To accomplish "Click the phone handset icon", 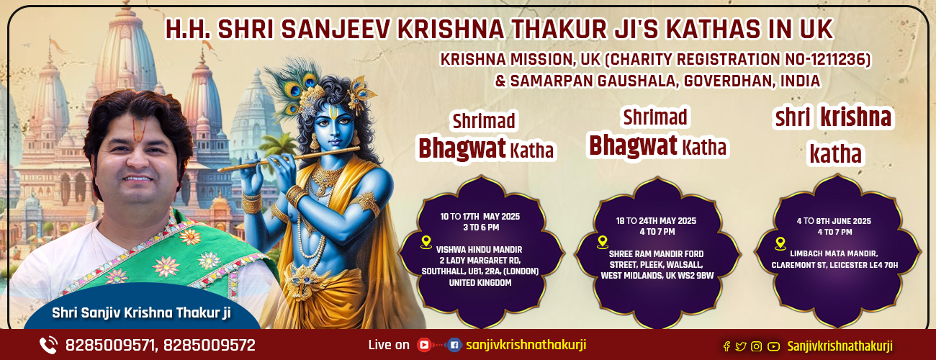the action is (x=48, y=346).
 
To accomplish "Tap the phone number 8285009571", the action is (x=110, y=346).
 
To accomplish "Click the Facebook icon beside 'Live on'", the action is (x=454, y=345).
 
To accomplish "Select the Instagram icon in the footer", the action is (x=756, y=346).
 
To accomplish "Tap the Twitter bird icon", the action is (x=741, y=346).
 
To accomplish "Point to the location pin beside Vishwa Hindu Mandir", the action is (x=426, y=243).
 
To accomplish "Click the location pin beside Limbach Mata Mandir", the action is (x=780, y=244).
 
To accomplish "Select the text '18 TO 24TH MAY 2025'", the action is (x=656, y=221).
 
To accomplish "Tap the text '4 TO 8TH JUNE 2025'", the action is (x=834, y=221).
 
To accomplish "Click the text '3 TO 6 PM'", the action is (x=481, y=228).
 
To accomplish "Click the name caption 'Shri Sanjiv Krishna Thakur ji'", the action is (x=141, y=312).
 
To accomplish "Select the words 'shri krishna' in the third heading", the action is (x=833, y=117).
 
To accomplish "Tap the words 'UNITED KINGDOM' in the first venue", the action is (x=480, y=283).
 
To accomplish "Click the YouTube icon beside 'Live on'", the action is (x=424, y=345).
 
